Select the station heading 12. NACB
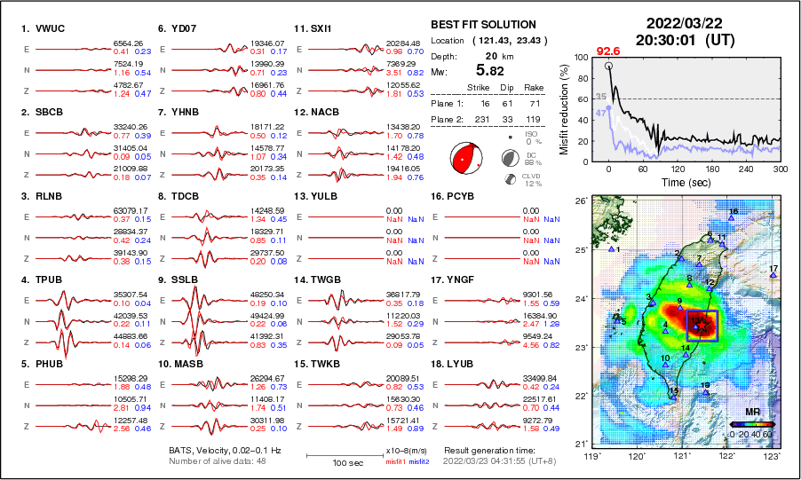(x=316, y=113)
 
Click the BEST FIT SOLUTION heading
(x=482, y=25)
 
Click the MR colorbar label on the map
(x=752, y=413)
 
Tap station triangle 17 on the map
(x=773, y=275)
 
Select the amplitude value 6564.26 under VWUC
(x=129, y=43)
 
